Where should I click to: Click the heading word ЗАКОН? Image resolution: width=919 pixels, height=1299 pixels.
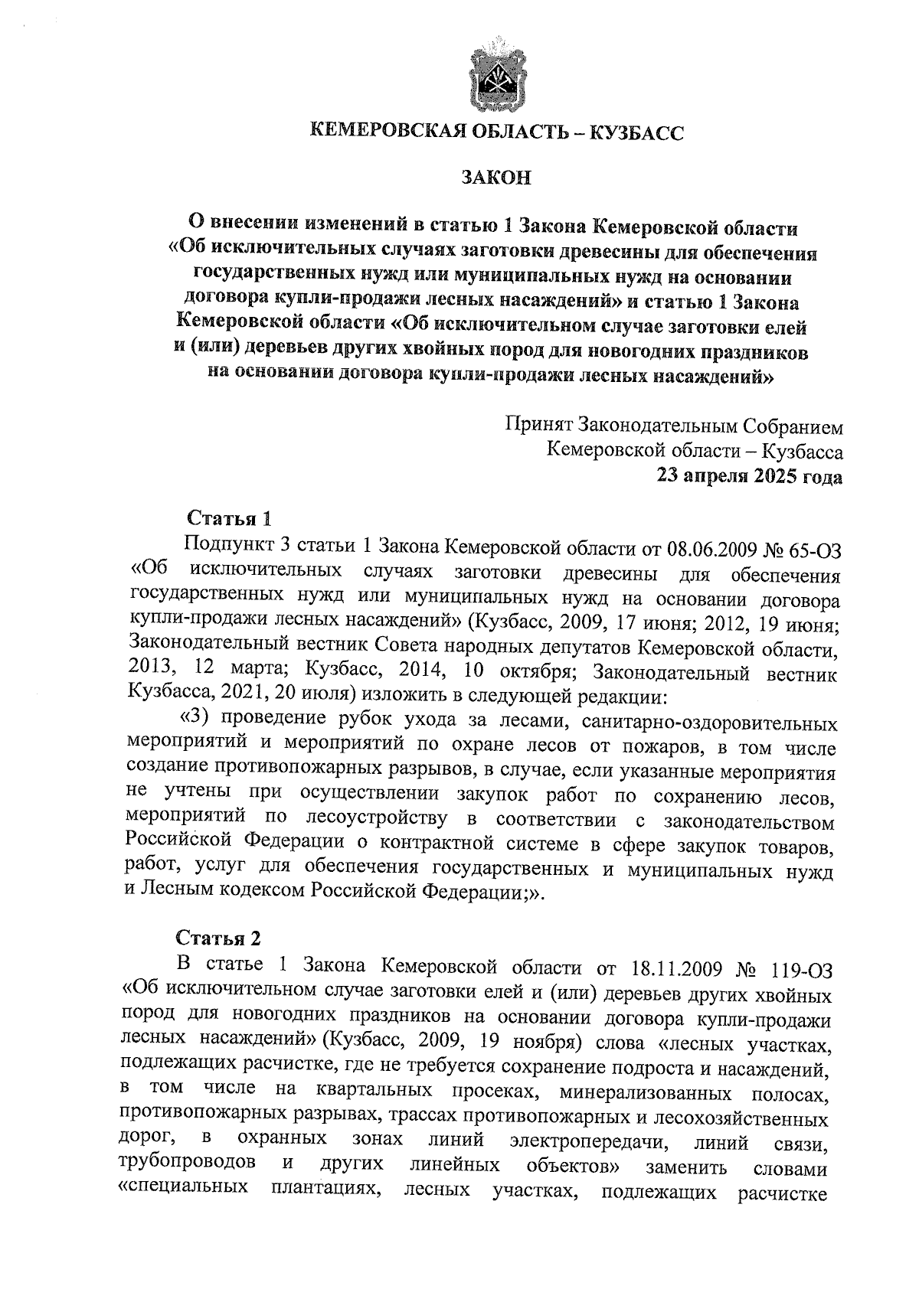click(x=495, y=178)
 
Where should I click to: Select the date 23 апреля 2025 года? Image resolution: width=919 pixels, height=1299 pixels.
click(x=749, y=476)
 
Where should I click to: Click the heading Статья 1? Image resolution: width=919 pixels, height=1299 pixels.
click(x=229, y=518)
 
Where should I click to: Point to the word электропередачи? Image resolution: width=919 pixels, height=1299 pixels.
click(x=586, y=1141)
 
